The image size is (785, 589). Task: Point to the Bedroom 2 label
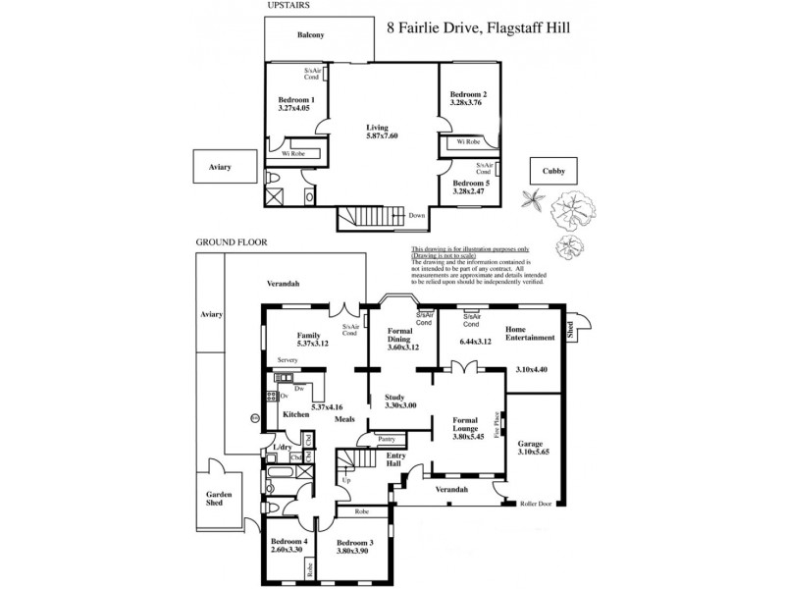pyautogui.click(x=469, y=94)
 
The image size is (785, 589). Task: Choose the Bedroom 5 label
pyautogui.click(x=471, y=183)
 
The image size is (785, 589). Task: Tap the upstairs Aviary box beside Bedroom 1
pyautogui.click(x=219, y=167)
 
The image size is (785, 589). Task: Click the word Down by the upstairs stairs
pyautogui.click(x=416, y=216)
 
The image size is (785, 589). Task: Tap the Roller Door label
pyautogui.click(x=538, y=504)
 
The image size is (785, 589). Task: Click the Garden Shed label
pyautogui.click(x=216, y=498)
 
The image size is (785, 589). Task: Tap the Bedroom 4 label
pyautogui.click(x=290, y=542)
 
